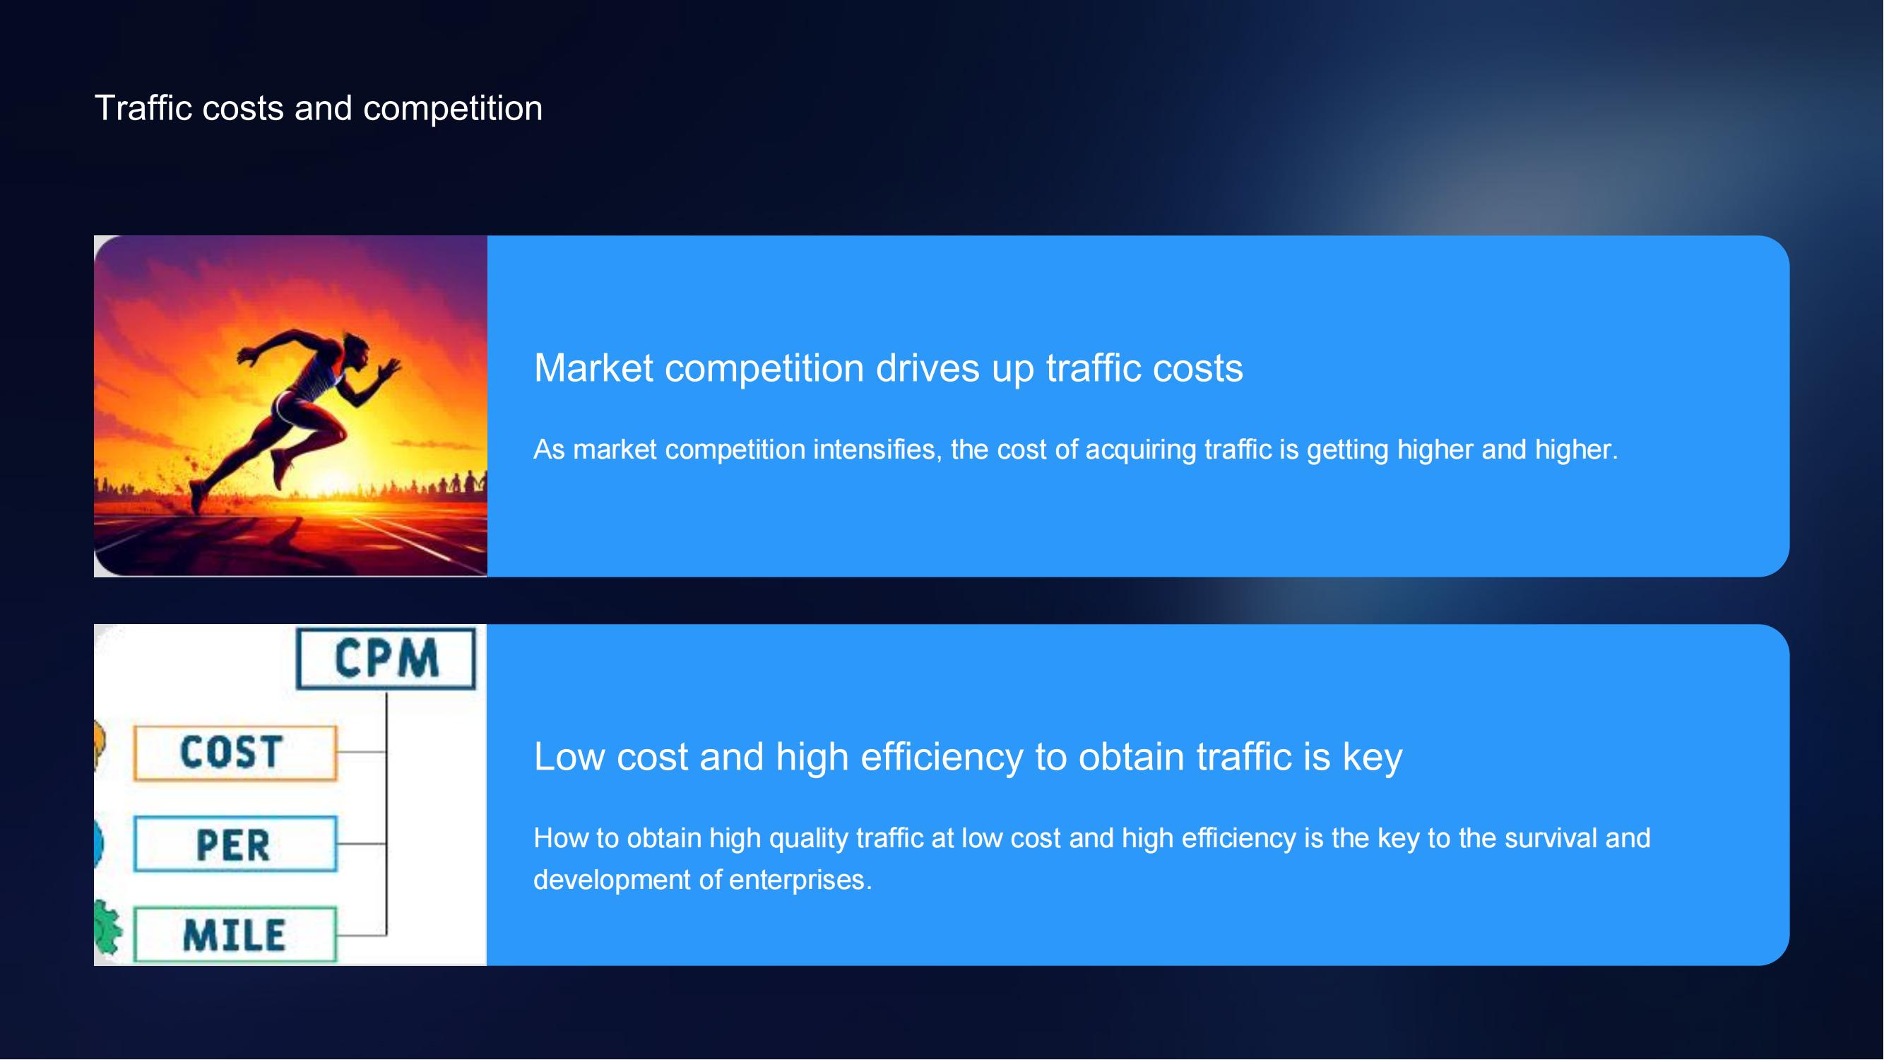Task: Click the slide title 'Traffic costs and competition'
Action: tap(319, 108)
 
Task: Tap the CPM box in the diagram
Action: tap(386, 659)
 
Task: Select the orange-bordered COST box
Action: tap(235, 753)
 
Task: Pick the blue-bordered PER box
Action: tap(235, 844)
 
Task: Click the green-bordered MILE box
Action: tap(235, 935)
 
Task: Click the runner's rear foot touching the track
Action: tap(198, 497)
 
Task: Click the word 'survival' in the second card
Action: tap(1551, 838)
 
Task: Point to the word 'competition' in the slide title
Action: tap(454, 109)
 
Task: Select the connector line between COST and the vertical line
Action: tap(362, 752)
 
